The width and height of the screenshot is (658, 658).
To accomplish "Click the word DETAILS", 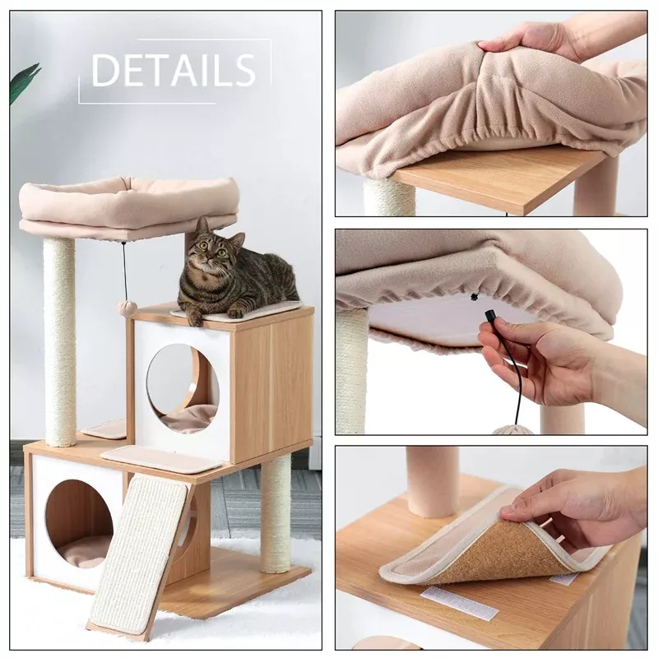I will pos(174,71).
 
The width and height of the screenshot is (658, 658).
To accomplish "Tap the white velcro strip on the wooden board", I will pos(459,603).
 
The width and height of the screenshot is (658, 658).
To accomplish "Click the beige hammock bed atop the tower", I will pos(128,206).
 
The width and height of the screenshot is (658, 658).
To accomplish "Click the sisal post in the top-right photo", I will pos(388,197).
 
